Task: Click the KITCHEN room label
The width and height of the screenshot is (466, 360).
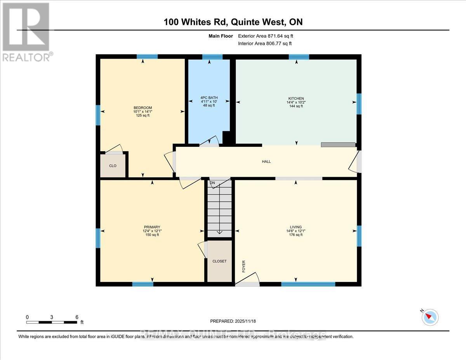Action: pyautogui.click(x=296, y=98)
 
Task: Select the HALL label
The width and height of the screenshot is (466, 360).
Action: pyautogui.click(x=266, y=162)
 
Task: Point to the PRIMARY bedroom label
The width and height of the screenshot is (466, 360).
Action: pyautogui.click(x=152, y=227)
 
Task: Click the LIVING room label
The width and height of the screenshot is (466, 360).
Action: pyautogui.click(x=296, y=227)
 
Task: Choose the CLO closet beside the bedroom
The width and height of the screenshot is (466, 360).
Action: pyautogui.click(x=113, y=166)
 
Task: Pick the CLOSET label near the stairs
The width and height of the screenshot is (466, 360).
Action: pyautogui.click(x=219, y=261)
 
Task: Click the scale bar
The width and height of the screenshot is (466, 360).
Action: pyautogui.click(x=52, y=322)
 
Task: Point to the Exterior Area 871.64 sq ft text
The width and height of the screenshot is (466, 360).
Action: pyautogui.click(x=268, y=36)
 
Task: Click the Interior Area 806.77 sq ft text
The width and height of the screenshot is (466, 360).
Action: pyautogui.click(x=264, y=43)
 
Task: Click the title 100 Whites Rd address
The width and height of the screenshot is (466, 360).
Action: pyautogui.click(x=233, y=22)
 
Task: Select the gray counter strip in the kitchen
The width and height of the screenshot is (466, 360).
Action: pyautogui.click(x=338, y=144)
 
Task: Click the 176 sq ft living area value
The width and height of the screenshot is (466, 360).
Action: pyautogui.click(x=296, y=235)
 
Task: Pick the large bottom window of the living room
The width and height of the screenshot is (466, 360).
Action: pyautogui.click(x=308, y=284)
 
